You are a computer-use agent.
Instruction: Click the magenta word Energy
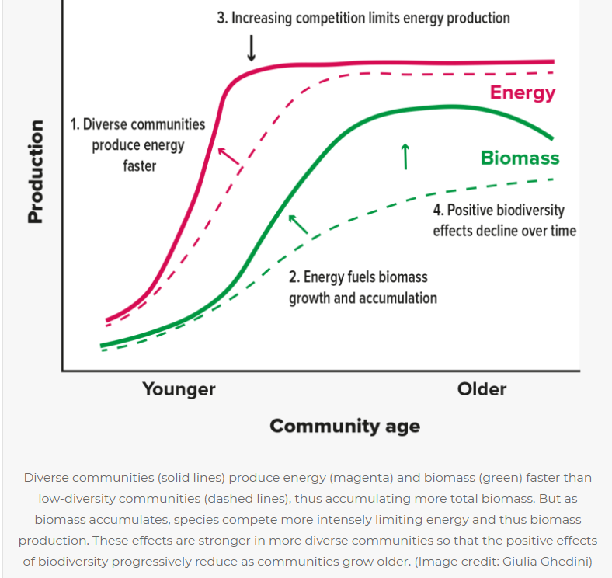pyautogui.click(x=523, y=93)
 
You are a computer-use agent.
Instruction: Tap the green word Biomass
pyautogui.click(x=520, y=158)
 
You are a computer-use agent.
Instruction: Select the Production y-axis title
pyautogui.click(x=35, y=172)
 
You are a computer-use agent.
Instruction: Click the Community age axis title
pyautogui.click(x=345, y=426)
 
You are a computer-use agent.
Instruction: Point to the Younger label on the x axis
pyautogui.click(x=179, y=388)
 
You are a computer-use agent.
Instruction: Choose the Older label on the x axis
pyautogui.click(x=482, y=388)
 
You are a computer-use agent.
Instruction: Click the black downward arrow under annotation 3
pyautogui.click(x=251, y=48)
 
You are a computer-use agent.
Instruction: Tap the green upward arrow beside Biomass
pyautogui.click(x=405, y=155)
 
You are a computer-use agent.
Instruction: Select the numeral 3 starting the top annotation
pyautogui.click(x=221, y=18)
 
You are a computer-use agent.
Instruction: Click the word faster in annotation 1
pyautogui.click(x=139, y=165)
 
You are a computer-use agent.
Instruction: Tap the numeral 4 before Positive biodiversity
pyautogui.click(x=437, y=211)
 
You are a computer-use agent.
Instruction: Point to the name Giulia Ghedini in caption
pyautogui.click(x=545, y=561)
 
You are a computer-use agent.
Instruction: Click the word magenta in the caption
pyautogui.click(x=341, y=477)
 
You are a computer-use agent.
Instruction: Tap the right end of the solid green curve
pyautogui.click(x=552, y=138)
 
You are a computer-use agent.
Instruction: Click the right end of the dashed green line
pyautogui.click(x=553, y=179)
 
